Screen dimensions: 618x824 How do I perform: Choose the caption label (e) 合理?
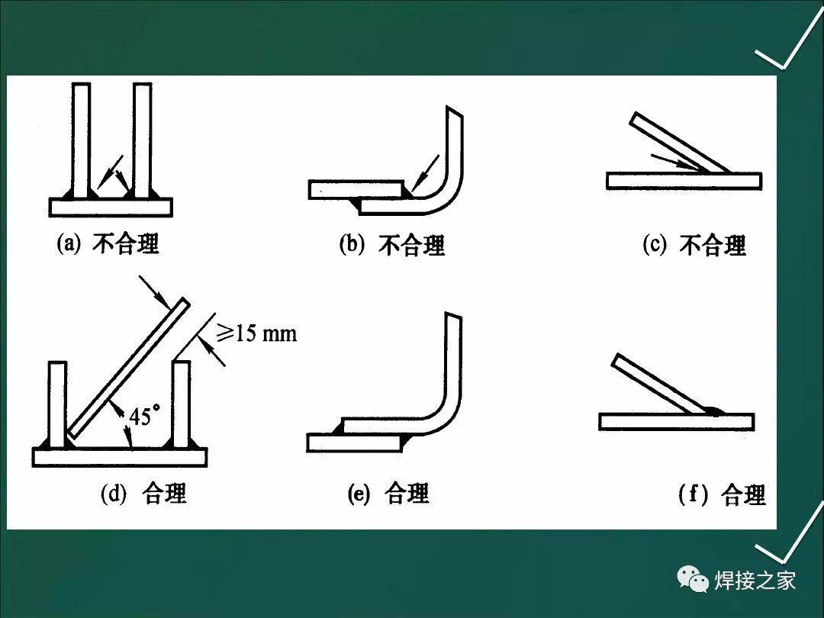[x=388, y=494]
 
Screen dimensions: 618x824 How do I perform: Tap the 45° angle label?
[x=144, y=417]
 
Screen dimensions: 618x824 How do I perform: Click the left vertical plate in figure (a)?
[x=82, y=137]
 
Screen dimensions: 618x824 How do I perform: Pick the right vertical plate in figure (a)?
[x=142, y=137]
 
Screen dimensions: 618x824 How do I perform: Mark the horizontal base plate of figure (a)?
[x=111, y=207]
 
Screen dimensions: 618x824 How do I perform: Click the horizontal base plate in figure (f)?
[x=676, y=421]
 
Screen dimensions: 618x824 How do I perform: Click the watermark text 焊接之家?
[x=755, y=581]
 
